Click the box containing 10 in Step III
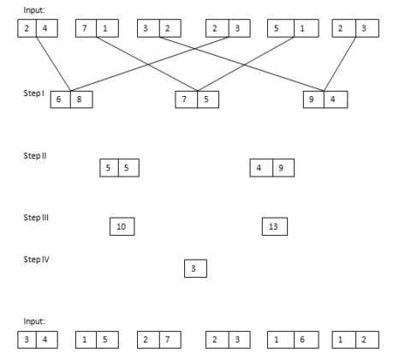[122, 226]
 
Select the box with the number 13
[274, 226]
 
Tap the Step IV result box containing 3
[195, 269]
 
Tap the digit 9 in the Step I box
[314, 99]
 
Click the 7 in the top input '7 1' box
[85, 30]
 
